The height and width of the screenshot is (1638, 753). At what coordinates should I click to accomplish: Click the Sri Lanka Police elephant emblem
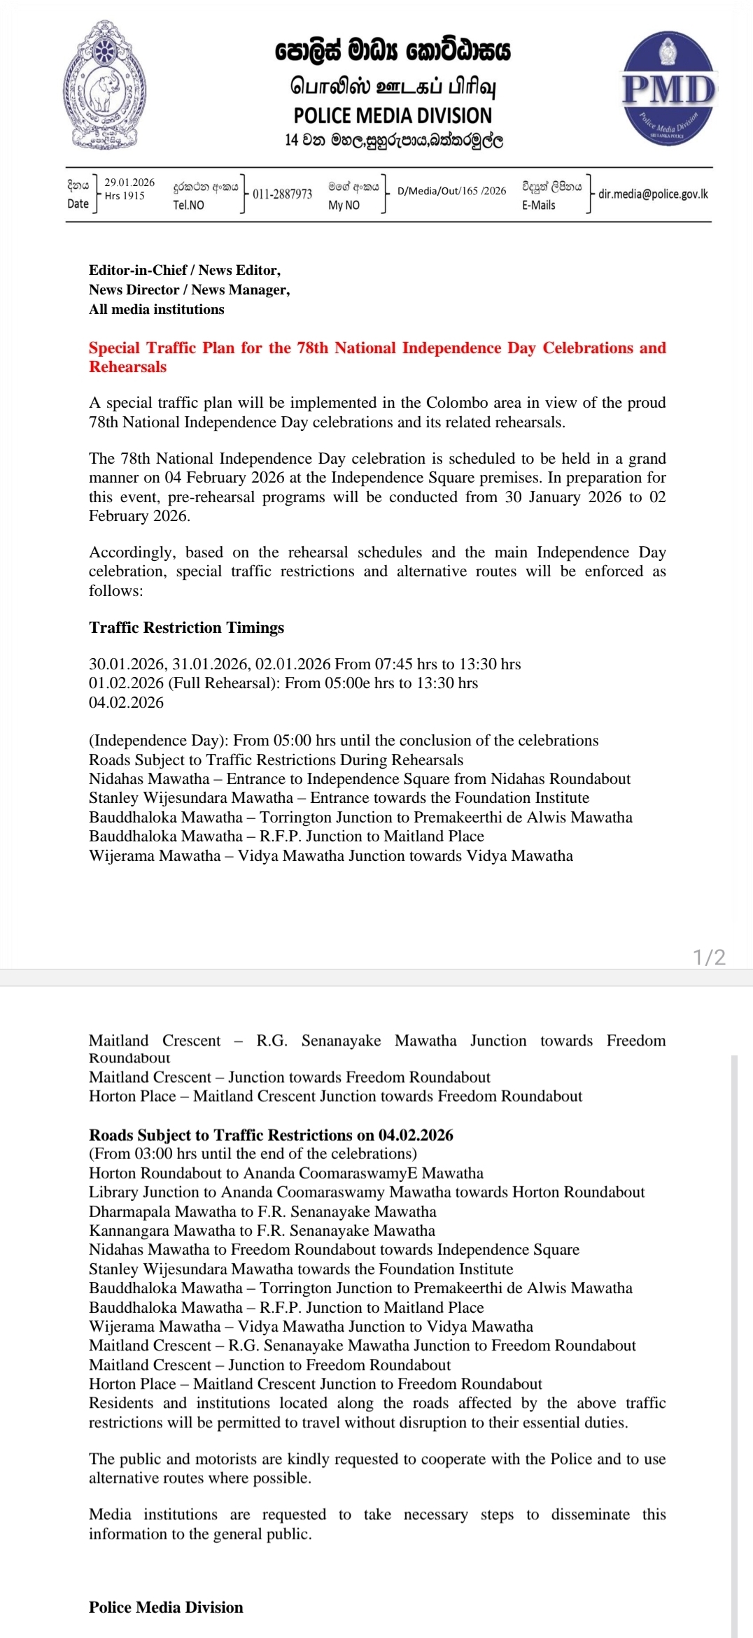pyautogui.click(x=105, y=85)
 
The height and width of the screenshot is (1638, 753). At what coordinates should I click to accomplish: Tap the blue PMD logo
pyautogui.click(x=668, y=89)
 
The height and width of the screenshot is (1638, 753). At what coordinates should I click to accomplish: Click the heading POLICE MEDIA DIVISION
pyautogui.click(x=393, y=115)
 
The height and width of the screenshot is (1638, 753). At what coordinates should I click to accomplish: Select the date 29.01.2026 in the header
pyautogui.click(x=129, y=183)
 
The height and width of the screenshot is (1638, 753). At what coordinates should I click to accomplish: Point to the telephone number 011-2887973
pyautogui.click(x=282, y=194)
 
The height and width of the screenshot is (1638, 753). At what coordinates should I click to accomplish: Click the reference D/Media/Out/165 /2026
pyautogui.click(x=451, y=191)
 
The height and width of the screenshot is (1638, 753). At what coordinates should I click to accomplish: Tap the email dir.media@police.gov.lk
pyautogui.click(x=652, y=194)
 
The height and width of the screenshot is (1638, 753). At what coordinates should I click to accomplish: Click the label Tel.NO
pyautogui.click(x=189, y=205)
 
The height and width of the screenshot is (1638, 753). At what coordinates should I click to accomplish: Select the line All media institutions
pyautogui.click(x=157, y=309)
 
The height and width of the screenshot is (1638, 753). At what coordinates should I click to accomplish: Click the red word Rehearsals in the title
pyautogui.click(x=128, y=367)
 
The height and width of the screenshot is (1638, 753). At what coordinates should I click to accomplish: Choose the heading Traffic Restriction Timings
pyautogui.click(x=186, y=627)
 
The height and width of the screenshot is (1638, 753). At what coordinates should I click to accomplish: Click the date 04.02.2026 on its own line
pyautogui.click(x=126, y=702)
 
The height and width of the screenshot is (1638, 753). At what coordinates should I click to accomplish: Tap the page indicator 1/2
pyautogui.click(x=709, y=957)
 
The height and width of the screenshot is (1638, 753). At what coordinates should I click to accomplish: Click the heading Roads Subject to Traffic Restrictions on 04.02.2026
pyautogui.click(x=271, y=1134)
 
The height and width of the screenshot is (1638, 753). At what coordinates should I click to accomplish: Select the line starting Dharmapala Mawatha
pyautogui.click(x=262, y=1211)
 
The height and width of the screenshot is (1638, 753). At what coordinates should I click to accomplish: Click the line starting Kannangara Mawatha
pyautogui.click(x=262, y=1230)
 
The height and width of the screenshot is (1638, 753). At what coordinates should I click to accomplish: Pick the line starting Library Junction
pyautogui.click(x=367, y=1192)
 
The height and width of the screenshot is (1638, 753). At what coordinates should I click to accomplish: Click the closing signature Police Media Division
pyautogui.click(x=166, y=1607)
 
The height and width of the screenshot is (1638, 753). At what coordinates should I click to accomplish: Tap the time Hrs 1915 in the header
pyautogui.click(x=125, y=196)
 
